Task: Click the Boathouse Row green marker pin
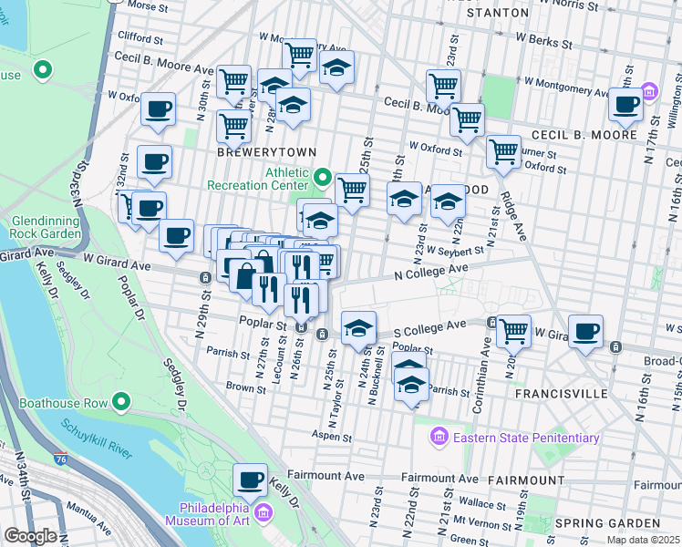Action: pos(120,402)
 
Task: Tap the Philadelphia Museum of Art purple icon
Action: pos(263,514)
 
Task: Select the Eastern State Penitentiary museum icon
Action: pos(439,438)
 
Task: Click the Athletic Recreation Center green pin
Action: pos(322,174)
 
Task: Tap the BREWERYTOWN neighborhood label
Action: pos(254,152)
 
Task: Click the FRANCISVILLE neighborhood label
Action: pos(561,393)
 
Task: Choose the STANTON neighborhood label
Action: pos(497,13)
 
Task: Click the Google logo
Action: pos(29,536)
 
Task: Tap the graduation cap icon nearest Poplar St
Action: pos(359,325)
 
